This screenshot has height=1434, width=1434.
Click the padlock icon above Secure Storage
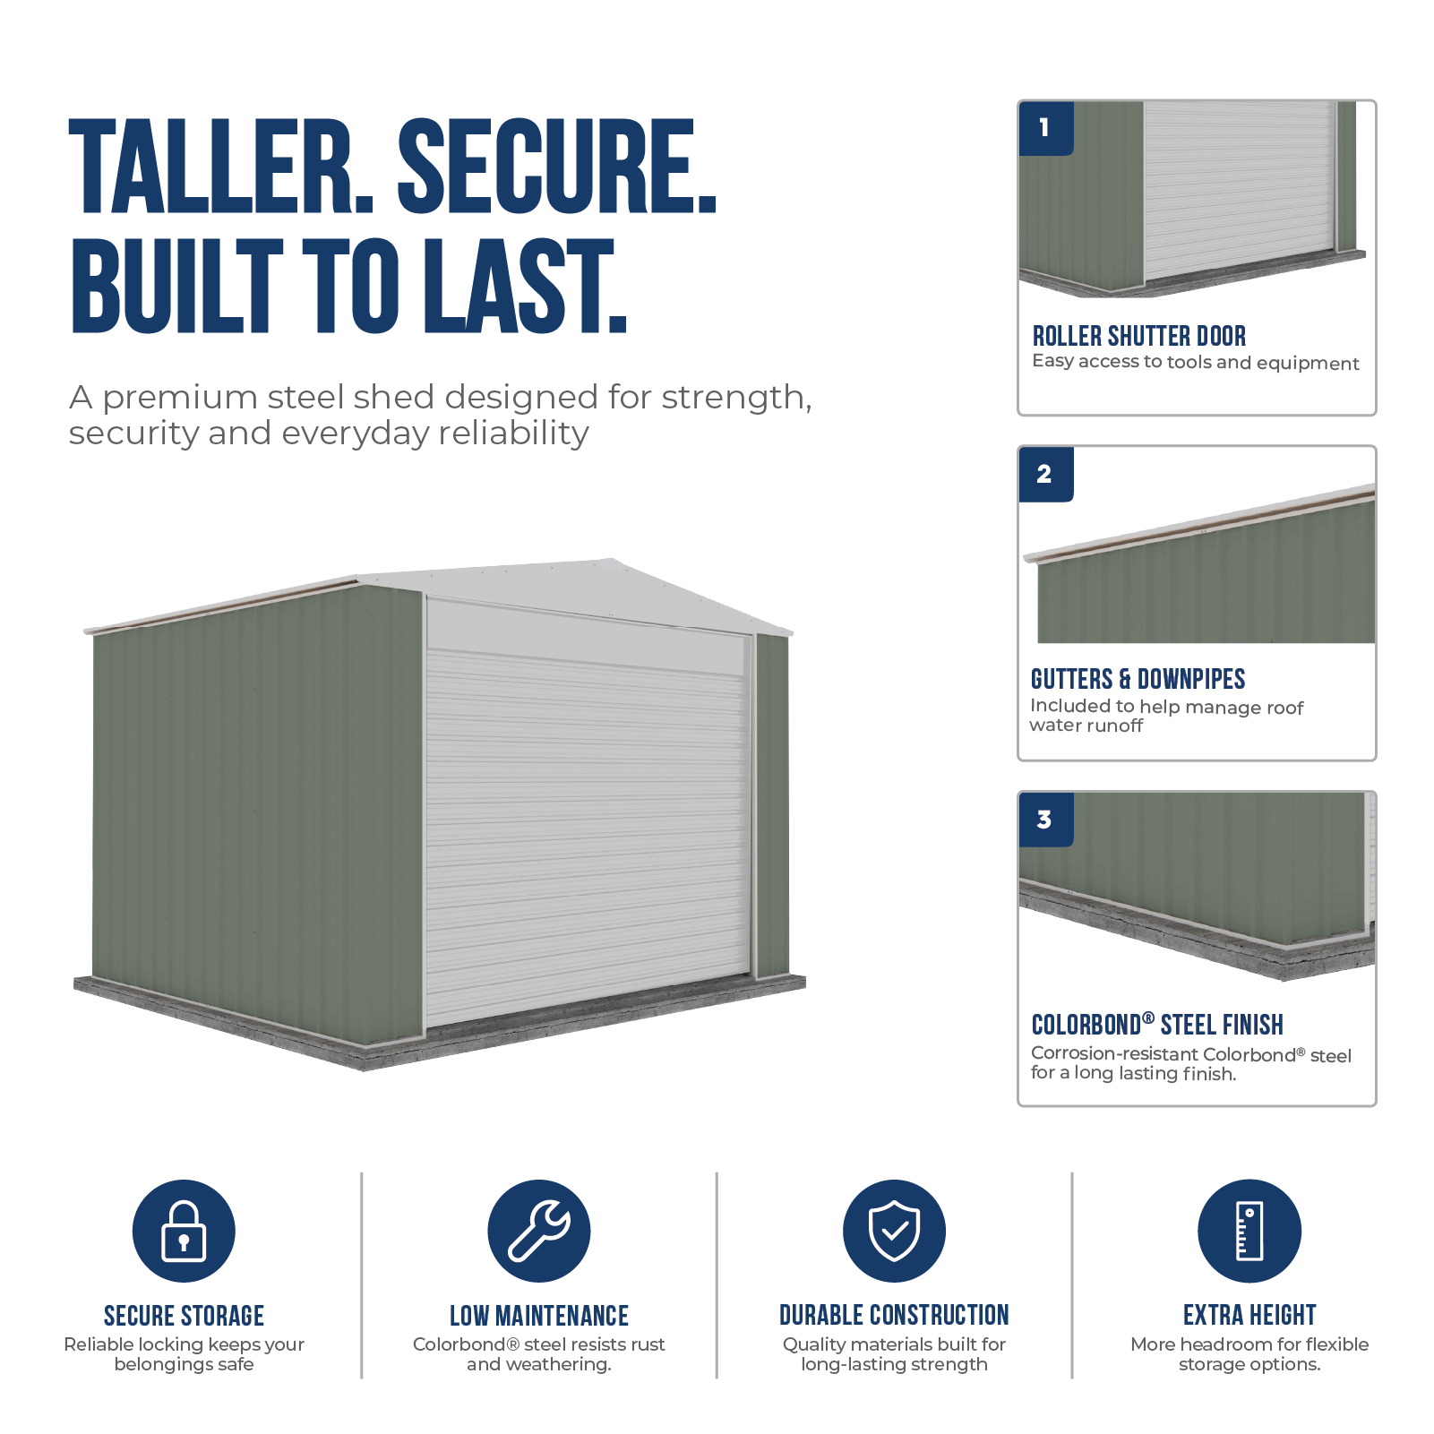(184, 1231)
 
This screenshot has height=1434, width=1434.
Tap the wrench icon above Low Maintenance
(539, 1231)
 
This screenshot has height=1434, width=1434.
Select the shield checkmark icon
(894, 1231)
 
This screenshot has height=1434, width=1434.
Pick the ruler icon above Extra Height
(1249, 1231)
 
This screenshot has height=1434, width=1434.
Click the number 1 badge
(1046, 128)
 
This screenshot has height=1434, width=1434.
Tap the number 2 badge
(1046, 474)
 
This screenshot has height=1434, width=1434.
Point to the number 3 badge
(1046, 820)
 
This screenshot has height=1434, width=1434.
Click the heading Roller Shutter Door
(1139, 336)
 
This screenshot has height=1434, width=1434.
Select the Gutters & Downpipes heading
(1138, 679)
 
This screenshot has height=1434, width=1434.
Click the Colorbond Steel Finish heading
(1157, 1024)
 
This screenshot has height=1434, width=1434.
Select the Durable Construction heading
(894, 1315)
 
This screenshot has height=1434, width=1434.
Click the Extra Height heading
(1249, 1315)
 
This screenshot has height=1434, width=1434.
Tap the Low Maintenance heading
(539, 1316)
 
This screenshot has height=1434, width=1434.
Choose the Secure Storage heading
(184, 1316)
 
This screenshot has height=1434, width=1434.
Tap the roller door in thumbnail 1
(1240, 188)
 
